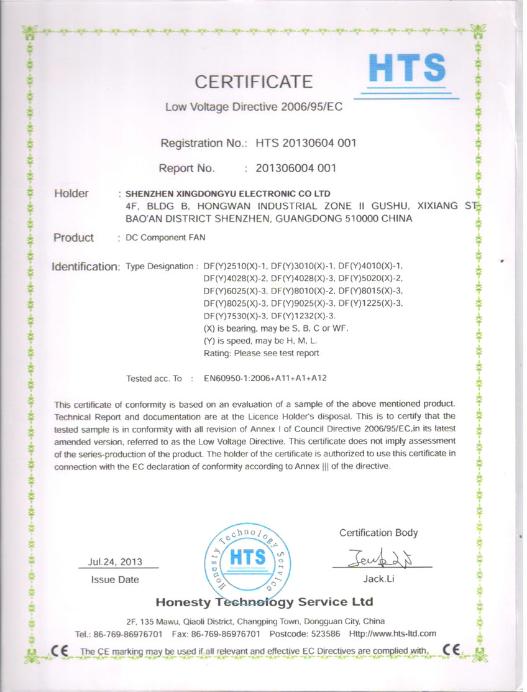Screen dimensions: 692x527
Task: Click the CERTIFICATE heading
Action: pyautogui.click(x=254, y=81)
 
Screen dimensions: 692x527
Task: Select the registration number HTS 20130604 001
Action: pyautogui.click(x=306, y=144)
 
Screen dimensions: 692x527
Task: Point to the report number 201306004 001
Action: pyautogui.click(x=296, y=168)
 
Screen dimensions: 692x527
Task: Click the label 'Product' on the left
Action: pyautogui.click(x=73, y=238)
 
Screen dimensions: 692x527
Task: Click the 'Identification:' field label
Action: pyautogui.click(x=85, y=267)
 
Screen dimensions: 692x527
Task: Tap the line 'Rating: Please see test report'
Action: pyautogui.click(x=262, y=353)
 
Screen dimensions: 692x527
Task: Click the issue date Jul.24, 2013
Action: pyautogui.click(x=115, y=562)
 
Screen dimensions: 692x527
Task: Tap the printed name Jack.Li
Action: pyautogui.click(x=379, y=579)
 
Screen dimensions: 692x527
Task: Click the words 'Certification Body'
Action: pyautogui.click(x=378, y=533)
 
